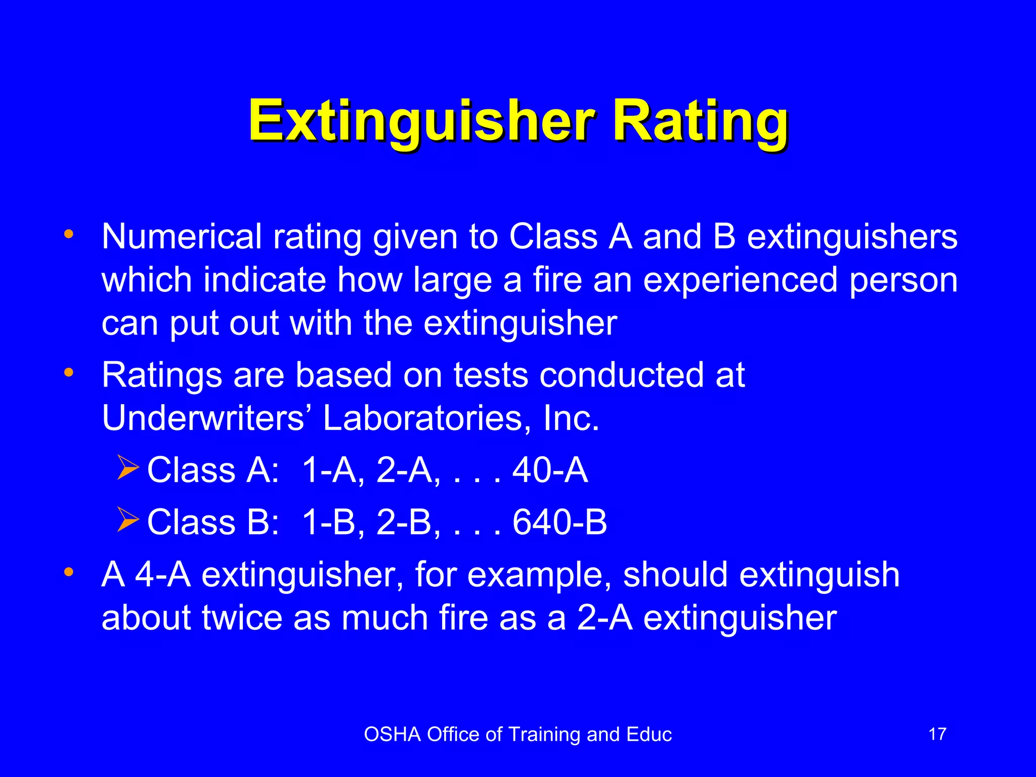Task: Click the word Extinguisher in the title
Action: click(421, 121)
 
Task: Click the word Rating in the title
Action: click(701, 121)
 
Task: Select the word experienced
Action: click(741, 280)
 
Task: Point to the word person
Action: click(903, 280)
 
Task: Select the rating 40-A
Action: click(550, 470)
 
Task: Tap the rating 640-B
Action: click(559, 522)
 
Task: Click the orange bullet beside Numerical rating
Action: click(69, 234)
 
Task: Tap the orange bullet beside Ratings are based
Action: click(69, 373)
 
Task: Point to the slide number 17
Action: click(937, 734)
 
